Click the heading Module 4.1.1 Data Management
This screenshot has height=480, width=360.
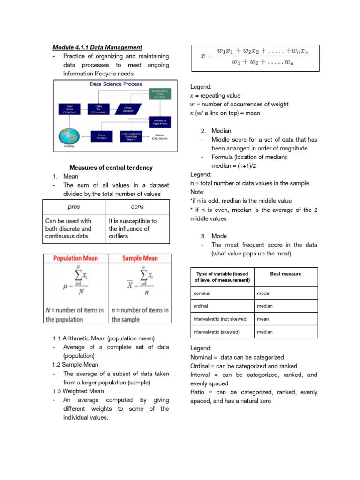pos(97,47)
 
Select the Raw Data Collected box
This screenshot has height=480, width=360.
pos(68,109)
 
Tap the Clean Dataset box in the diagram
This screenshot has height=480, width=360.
pos(127,109)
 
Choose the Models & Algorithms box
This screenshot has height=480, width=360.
pos(160,121)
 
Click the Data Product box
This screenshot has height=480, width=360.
pos(101,136)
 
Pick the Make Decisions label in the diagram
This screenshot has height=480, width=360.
pos(160,136)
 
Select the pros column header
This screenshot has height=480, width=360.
pos(74,207)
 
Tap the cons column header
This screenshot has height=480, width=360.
pos(138,207)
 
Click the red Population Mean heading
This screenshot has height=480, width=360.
pos(76,258)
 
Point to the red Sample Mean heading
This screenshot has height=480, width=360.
pos(140,258)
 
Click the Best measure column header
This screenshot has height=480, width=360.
pos(285,274)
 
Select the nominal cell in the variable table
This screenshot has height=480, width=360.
pos(202,293)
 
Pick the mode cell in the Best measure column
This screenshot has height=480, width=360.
pos(263,293)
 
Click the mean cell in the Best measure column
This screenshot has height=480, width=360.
pos(263,319)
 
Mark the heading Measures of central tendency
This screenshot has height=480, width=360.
pos(111,167)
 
